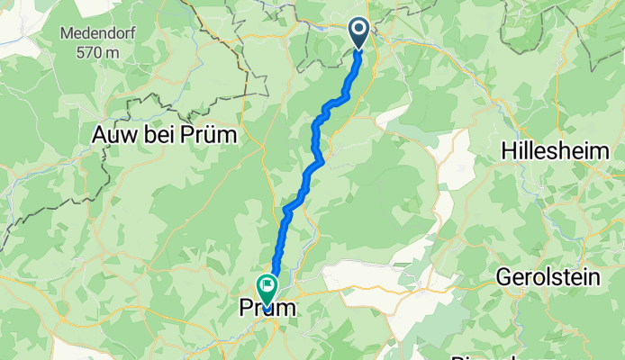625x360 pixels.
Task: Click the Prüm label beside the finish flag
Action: point(267,309)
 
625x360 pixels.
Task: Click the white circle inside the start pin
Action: point(359,30)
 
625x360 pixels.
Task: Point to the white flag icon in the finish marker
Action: point(267,285)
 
